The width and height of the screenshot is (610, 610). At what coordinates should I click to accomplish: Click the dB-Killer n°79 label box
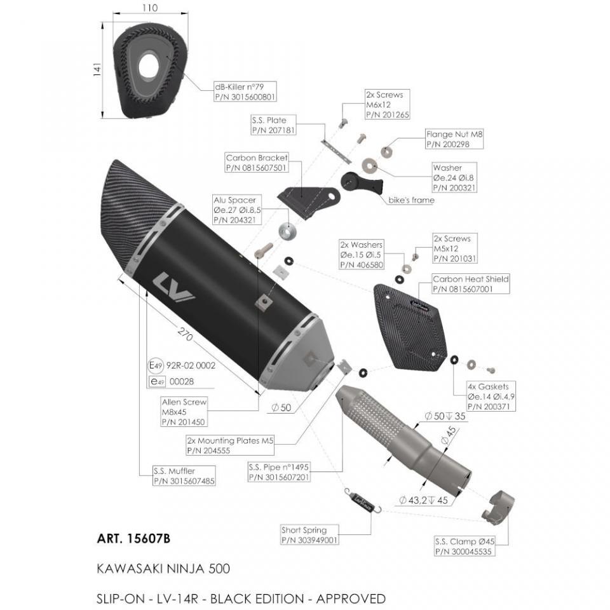coord(245,91)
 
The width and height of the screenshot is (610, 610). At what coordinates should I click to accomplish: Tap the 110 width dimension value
coord(150,8)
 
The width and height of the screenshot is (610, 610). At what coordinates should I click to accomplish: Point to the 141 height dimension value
coord(97,69)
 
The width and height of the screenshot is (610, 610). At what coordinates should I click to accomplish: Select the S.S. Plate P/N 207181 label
coord(273,125)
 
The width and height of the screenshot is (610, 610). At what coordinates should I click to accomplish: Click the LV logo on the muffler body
coord(174,288)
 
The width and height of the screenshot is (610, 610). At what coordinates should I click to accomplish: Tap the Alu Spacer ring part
coord(287,232)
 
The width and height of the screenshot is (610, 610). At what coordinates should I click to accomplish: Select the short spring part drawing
coord(363,502)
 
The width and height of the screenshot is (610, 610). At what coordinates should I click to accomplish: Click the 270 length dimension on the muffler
coord(185,334)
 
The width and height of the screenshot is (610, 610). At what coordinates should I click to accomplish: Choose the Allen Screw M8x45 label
coord(184,412)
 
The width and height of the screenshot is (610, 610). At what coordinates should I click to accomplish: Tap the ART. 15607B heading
coord(133,539)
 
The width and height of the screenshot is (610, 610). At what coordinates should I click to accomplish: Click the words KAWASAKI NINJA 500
coord(163,569)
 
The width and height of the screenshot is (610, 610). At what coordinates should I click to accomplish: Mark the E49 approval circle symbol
coord(156,365)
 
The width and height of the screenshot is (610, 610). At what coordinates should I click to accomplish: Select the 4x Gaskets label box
coord(491,396)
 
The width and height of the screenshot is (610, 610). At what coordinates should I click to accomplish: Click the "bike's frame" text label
coord(411,200)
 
